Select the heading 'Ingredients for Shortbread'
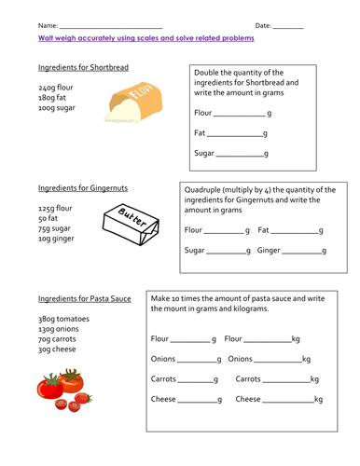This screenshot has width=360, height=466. (77, 69)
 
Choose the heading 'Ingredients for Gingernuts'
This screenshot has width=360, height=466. (77, 184)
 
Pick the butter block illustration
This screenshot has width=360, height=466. (128, 224)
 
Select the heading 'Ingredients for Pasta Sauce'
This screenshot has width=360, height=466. (84, 299)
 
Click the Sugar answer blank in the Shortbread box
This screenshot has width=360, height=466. (240, 154)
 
